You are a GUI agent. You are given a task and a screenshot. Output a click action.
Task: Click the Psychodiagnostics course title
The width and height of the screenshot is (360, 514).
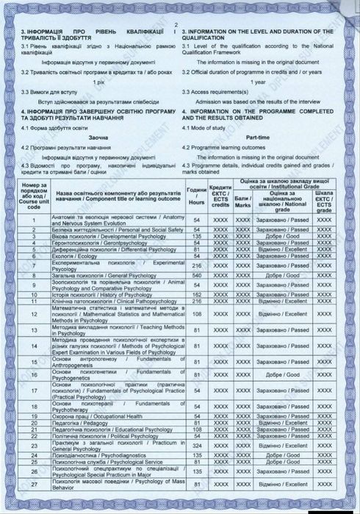pyautogui.click(x=92, y=456)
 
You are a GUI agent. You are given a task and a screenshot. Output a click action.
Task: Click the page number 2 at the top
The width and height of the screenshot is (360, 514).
pyautogui.click(x=177, y=25)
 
